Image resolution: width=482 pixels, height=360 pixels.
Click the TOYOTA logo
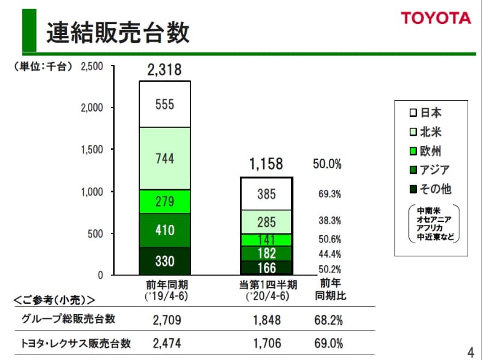[x=436, y=18]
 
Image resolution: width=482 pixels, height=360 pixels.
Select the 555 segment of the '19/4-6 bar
[x=164, y=104]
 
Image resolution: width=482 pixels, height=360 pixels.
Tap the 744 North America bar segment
[x=164, y=159]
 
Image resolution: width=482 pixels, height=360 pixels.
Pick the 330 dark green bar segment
[x=164, y=261]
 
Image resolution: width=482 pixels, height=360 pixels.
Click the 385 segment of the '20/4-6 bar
[x=266, y=194]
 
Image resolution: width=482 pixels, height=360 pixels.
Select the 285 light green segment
[x=266, y=222]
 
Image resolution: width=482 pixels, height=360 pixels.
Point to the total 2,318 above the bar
[x=164, y=71]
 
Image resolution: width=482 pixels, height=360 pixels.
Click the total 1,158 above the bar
[x=266, y=164]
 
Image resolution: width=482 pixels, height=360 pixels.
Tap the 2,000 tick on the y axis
[x=92, y=107]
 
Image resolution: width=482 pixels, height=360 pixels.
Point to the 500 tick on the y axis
[x=95, y=233]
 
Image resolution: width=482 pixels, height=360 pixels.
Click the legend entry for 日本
[x=426, y=113]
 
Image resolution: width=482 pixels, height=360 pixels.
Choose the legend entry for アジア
[x=429, y=170]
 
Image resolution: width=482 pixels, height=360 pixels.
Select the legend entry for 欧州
[x=426, y=151]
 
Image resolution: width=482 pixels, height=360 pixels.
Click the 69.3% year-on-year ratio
[x=330, y=194]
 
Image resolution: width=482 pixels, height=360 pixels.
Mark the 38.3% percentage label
[x=330, y=221]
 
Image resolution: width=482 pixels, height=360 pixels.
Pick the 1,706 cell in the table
[x=266, y=344]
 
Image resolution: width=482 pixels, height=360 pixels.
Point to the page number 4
[x=470, y=351]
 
